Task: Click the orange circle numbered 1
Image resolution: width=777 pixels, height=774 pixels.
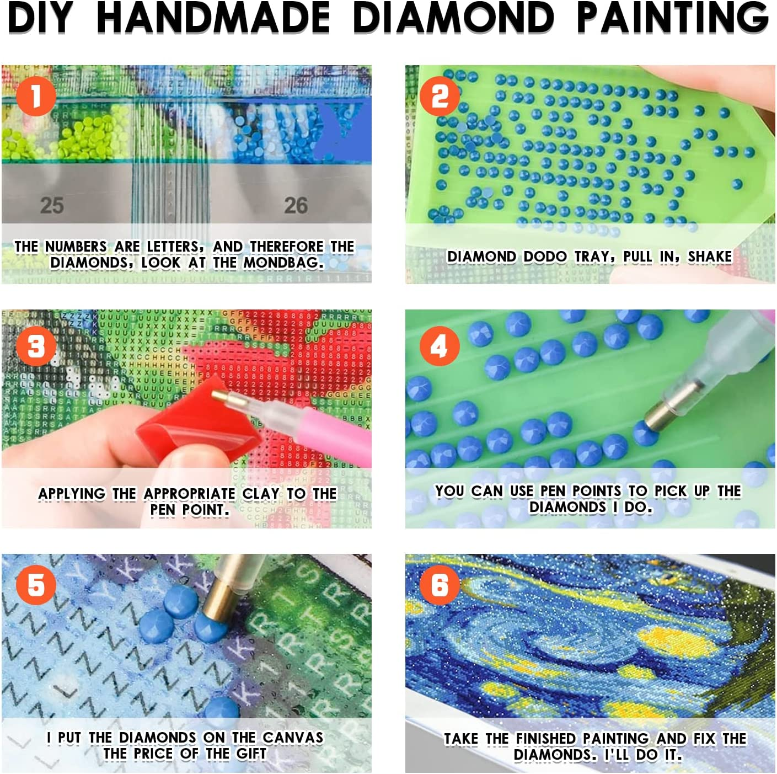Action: coord(36,96)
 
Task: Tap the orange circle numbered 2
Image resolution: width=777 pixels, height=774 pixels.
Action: coord(440,96)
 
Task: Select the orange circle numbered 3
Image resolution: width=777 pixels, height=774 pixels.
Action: coord(36,346)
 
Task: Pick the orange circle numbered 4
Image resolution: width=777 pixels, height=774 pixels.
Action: coord(440,346)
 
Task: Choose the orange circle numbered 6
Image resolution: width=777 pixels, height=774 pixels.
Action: coord(440,585)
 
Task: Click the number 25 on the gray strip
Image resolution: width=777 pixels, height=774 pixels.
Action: coord(52,205)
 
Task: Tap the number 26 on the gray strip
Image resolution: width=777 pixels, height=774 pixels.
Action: coord(296,205)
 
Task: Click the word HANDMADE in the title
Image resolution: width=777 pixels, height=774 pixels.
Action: coord(213,18)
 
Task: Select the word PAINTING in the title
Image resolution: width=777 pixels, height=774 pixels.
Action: coord(672,18)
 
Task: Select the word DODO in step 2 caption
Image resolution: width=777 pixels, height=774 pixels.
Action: coord(545,257)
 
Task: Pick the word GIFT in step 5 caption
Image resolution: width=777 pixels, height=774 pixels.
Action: coord(251,754)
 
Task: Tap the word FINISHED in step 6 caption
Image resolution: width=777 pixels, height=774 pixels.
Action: coord(546,738)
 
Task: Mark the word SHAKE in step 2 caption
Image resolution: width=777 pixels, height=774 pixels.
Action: coord(710,257)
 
